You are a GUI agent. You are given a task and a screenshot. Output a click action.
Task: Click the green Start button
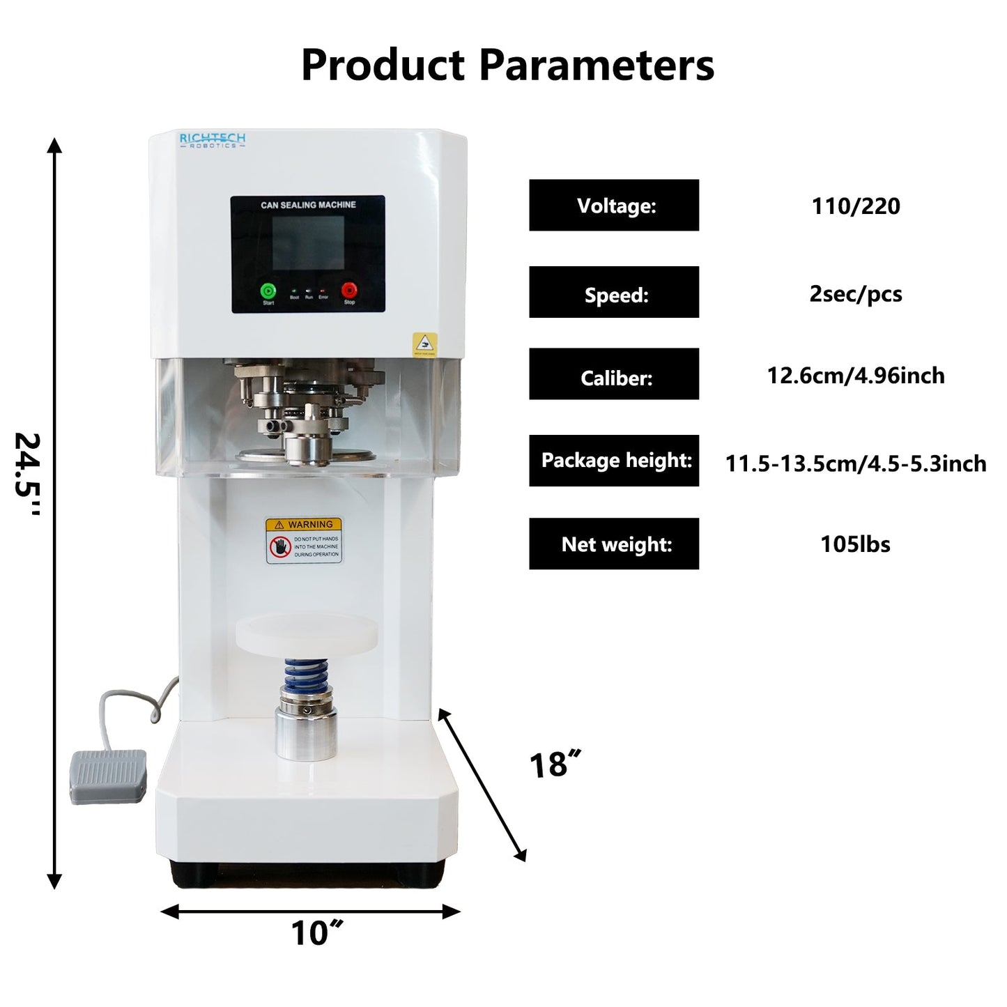pos(268,291)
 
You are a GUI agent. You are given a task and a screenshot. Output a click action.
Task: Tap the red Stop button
pos(348,290)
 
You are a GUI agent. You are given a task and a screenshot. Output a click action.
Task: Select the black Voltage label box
pos(614,206)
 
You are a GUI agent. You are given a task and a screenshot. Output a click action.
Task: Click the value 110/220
pos(856,206)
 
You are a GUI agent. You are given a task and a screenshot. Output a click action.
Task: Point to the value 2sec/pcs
pos(856,294)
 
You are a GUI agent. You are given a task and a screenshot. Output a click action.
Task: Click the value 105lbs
pos(856,544)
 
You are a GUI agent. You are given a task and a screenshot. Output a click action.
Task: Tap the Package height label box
pos(614,461)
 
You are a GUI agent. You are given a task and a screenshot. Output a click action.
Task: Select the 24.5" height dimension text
pos(28,474)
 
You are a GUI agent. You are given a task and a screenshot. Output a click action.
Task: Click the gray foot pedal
pos(109,776)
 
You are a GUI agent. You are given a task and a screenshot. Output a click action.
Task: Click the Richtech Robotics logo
pos(213,140)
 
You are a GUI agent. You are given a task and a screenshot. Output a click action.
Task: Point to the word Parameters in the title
pos(597,65)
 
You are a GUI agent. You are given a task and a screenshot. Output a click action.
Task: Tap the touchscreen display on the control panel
pos(307,243)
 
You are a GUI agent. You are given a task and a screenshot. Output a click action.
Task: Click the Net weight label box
pos(614,544)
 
